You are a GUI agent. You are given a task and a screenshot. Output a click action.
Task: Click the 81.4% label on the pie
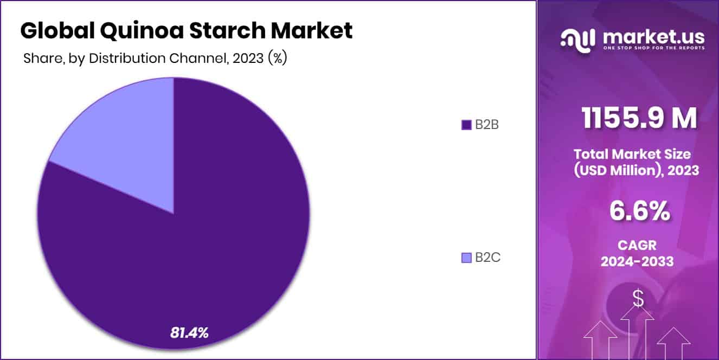pyautogui.click(x=189, y=332)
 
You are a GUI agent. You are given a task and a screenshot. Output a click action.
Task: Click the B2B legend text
pyautogui.click(x=486, y=125)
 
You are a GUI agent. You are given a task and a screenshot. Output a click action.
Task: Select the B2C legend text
pyautogui.click(x=487, y=258)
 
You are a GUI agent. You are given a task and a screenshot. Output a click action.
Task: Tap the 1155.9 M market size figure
pyautogui.click(x=639, y=119)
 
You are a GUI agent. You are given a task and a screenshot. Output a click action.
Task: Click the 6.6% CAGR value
pyautogui.click(x=639, y=211)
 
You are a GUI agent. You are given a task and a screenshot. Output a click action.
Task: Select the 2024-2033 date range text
pyautogui.click(x=637, y=261)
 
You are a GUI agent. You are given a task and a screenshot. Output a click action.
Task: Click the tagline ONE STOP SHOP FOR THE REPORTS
pyautogui.click(x=653, y=48)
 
